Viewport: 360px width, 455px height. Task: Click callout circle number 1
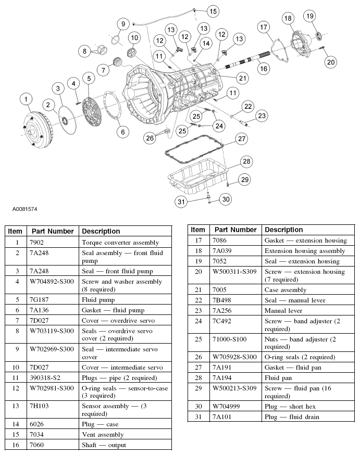[26, 99]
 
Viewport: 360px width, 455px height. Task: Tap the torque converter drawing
[38, 130]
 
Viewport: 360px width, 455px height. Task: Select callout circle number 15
[213, 11]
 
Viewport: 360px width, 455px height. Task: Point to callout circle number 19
[310, 16]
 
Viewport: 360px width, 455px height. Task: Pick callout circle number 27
[242, 138]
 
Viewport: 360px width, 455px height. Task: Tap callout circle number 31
[181, 201]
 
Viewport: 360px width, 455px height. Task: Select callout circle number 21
[242, 78]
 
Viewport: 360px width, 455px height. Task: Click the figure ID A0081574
[24, 209]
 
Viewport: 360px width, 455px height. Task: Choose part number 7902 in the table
[36, 242]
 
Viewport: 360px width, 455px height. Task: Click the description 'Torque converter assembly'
[120, 242]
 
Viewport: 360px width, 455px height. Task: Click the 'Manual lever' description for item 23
[283, 310]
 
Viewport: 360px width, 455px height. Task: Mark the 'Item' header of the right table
[197, 230]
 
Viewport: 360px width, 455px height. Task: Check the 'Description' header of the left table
[101, 231]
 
